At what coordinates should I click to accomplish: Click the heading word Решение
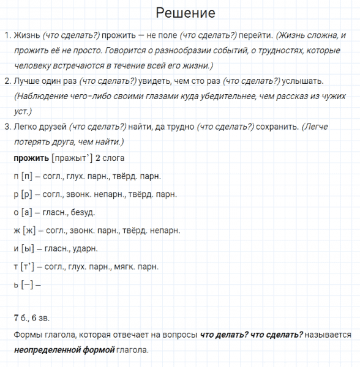[186, 13]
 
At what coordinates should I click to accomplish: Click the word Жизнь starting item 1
[26, 36]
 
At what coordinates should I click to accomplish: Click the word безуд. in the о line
[81, 213]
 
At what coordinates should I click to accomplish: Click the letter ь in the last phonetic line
[15, 284]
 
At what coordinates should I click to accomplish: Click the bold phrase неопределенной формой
[63, 350]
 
